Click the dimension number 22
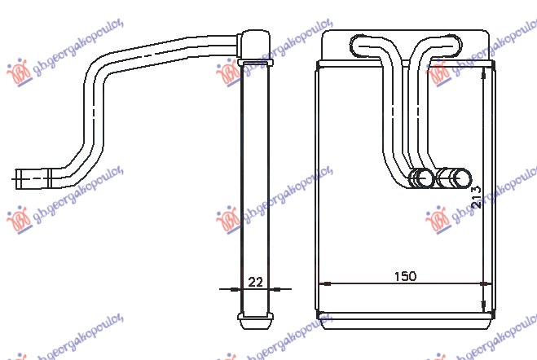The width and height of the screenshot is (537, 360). [255, 283]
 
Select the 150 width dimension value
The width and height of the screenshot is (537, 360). [405, 276]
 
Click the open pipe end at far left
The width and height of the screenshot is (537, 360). [20, 175]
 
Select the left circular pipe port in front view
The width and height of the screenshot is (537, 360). [423, 178]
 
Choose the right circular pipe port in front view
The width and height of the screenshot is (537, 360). [461, 178]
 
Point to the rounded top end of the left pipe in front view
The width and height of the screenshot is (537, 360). [363, 42]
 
